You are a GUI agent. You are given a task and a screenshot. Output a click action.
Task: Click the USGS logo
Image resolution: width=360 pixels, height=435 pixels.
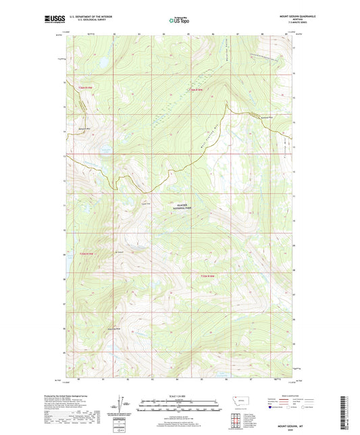coord(53,20)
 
